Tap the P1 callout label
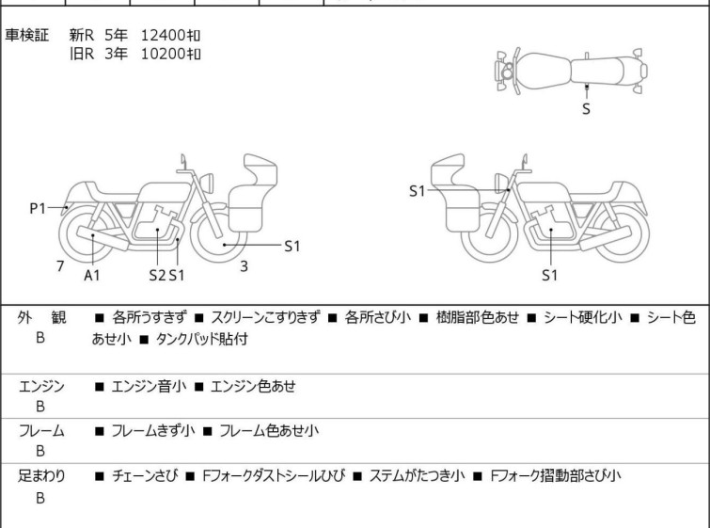pos(38,209)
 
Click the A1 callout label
pos(92,275)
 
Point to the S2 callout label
pos(157,275)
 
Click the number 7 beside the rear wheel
pos(60,266)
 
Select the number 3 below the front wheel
pos(244,266)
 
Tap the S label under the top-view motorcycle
pos(587,108)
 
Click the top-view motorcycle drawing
pos(573,70)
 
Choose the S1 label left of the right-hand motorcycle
pos(417,191)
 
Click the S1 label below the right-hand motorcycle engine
pos(550,275)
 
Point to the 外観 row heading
pos(41,318)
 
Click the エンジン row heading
pos(41,385)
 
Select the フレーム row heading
pos(41,431)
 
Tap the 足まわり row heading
pos(41,476)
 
